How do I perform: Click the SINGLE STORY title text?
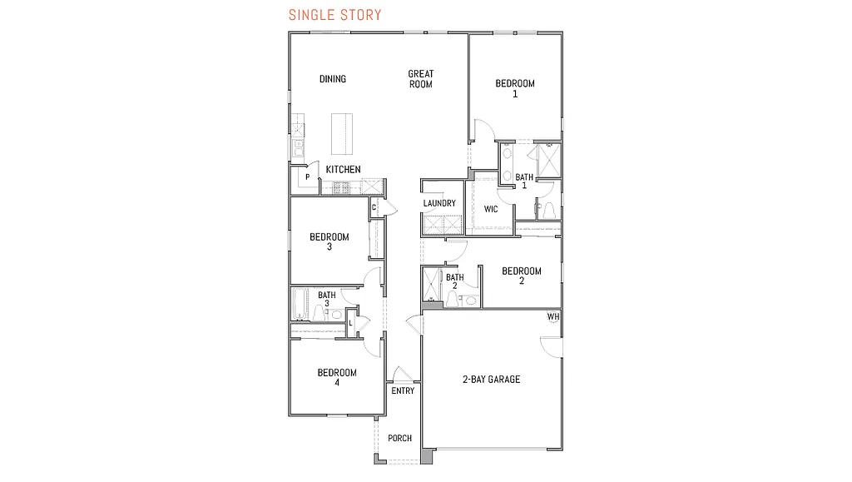335,15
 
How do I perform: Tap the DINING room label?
333,79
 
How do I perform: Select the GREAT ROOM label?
421,79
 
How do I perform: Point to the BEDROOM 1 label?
515,88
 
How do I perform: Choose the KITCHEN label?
343,170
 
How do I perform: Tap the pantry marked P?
308,177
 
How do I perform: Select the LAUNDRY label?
439,204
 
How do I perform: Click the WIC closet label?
491,209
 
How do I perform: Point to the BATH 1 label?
524,181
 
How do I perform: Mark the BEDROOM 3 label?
329,241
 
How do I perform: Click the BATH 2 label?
455,281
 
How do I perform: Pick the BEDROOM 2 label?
522,276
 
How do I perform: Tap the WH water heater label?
553,317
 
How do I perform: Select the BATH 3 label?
327,299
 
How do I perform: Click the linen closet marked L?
351,323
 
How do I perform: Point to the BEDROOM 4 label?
337,377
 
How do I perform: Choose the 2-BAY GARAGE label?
492,380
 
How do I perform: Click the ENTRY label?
403,391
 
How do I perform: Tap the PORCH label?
400,439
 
